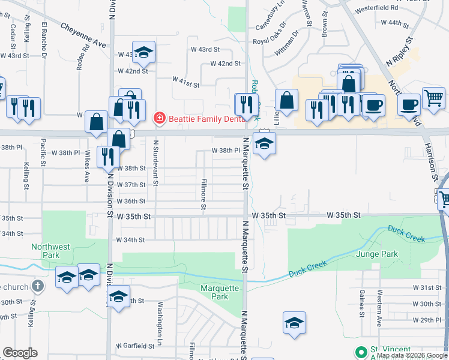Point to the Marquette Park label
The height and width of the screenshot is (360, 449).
(x=220, y=292)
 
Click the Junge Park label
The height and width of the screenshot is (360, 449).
(x=377, y=254)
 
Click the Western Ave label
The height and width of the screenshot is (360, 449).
(x=379, y=304)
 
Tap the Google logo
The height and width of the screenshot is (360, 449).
(x=20, y=353)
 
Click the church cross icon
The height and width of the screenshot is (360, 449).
(x=38, y=286)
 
